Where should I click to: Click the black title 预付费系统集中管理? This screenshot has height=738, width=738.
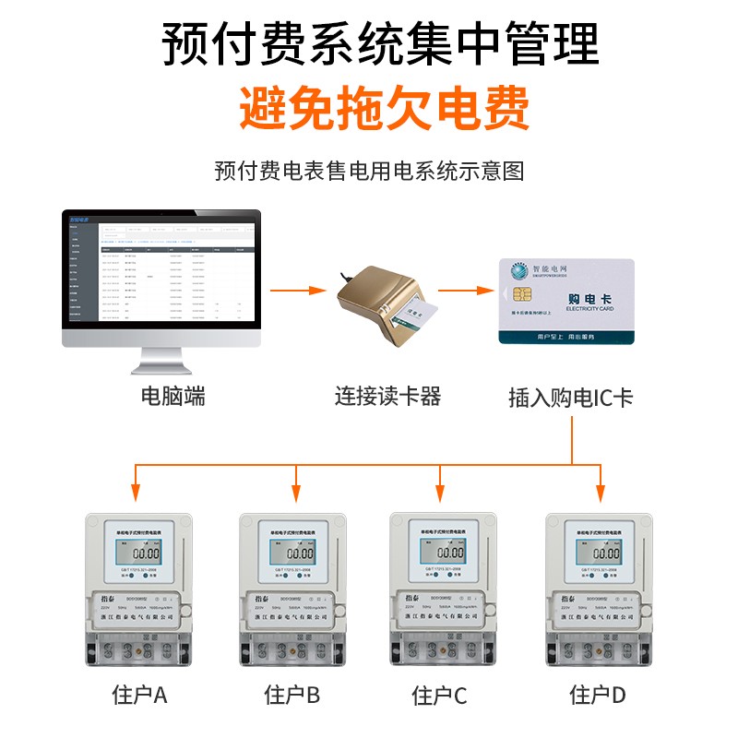380,43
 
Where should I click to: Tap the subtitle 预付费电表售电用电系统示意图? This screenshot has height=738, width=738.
369,171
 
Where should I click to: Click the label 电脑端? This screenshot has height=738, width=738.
173,397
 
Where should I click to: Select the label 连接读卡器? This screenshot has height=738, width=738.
387,397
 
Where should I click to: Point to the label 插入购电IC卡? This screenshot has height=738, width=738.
571,398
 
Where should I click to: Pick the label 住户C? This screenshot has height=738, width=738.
440,694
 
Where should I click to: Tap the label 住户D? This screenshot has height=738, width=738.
598,694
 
